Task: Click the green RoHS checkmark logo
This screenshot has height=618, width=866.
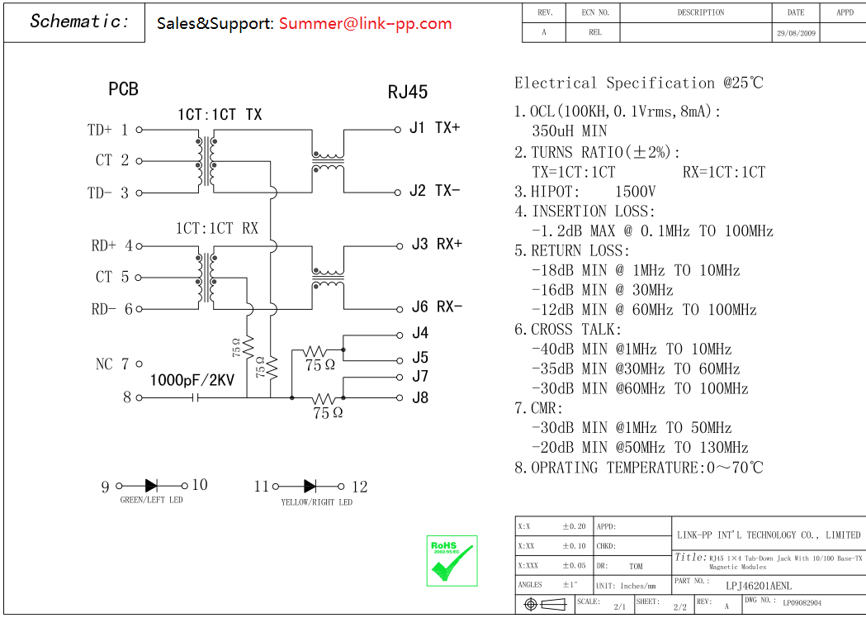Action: click(x=452, y=561)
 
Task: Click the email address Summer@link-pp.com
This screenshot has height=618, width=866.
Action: click(x=365, y=23)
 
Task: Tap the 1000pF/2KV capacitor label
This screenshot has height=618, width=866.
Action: click(x=192, y=381)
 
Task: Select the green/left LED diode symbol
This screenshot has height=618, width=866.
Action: click(x=152, y=486)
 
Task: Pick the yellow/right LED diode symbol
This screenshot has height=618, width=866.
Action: click(x=310, y=487)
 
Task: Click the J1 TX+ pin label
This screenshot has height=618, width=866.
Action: click(x=434, y=128)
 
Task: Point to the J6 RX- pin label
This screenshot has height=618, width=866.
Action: click(x=437, y=307)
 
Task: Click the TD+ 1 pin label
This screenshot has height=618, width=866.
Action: click(x=107, y=130)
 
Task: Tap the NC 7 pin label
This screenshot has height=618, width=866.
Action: click(x=113, y=364)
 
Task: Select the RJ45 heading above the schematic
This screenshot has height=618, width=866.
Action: click(x=408, y=92)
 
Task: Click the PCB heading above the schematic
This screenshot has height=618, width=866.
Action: click(x=123, y=89)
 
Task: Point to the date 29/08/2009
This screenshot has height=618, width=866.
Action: click(x=796, y=33)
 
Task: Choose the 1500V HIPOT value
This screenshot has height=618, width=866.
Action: click(x=636, y=192)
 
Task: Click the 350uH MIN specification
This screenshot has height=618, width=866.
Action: click(x=570, y=131)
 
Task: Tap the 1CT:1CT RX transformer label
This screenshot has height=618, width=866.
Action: click(x=216, y=228)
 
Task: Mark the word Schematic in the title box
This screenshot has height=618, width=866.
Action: click(x=79, y=22)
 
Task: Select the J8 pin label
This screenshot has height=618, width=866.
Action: click(x=420, y=397)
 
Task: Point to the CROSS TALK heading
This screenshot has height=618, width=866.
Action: click(x=576, y=330)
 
